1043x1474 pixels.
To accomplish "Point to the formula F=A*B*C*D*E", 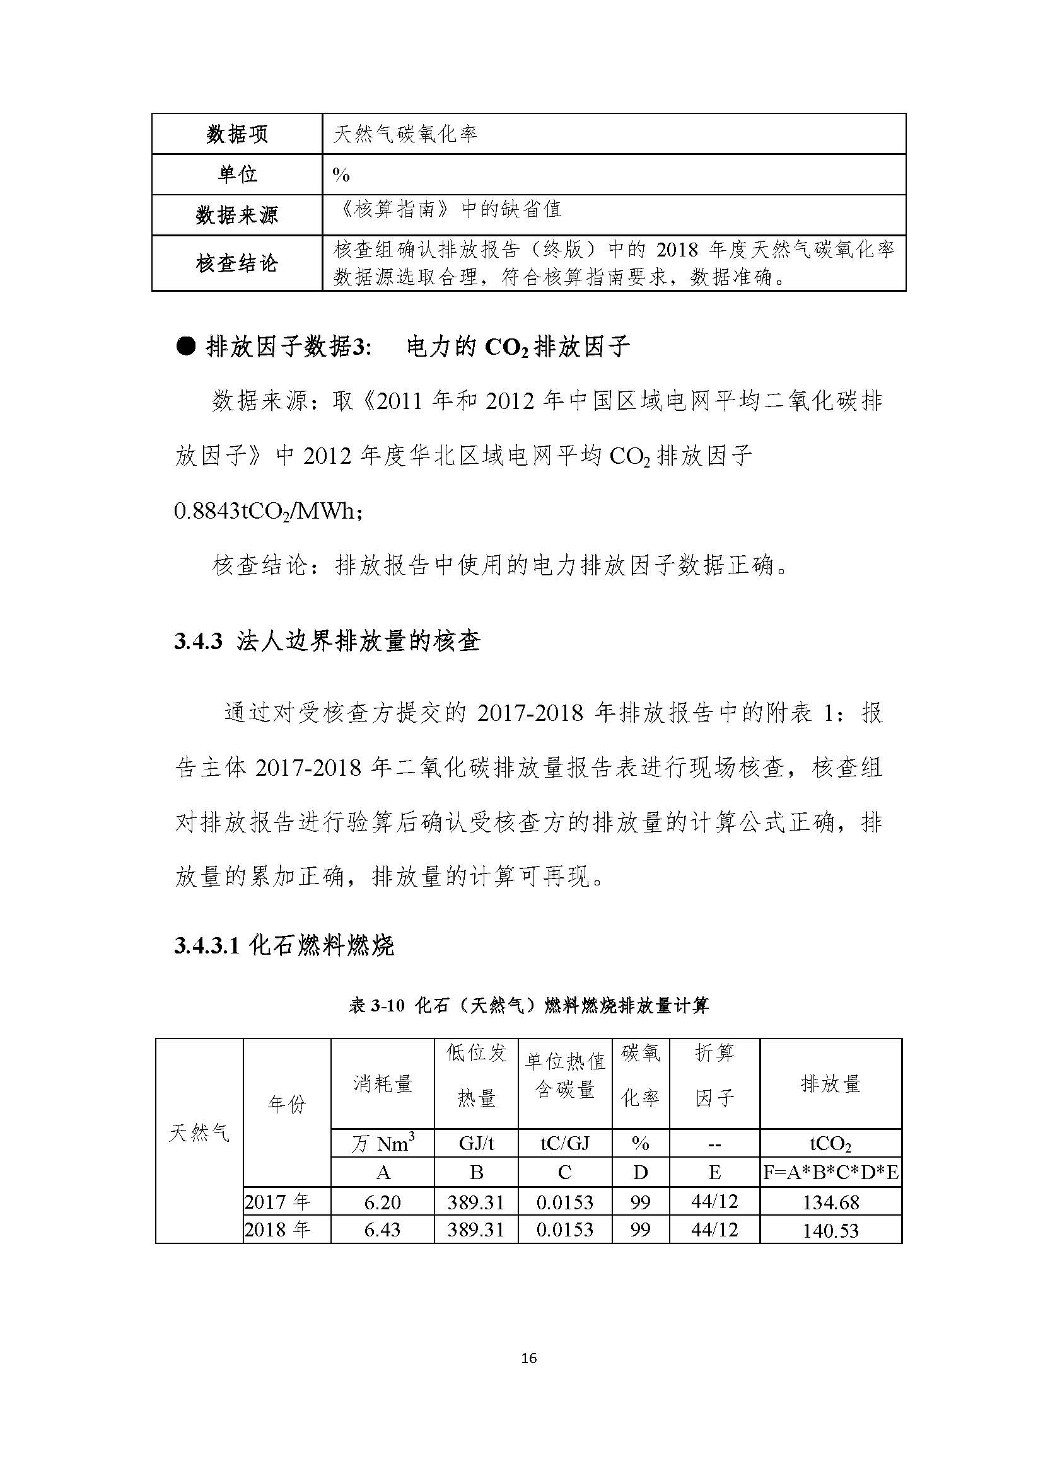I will [830, 1173].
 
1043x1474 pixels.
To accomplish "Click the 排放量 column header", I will [830, 1085].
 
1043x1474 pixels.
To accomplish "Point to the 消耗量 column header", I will [382, 1085].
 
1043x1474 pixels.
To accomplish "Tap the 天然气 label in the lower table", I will [199, 1133].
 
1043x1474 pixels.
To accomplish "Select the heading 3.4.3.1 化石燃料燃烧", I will [284, 946].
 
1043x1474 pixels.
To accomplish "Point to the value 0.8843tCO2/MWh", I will [268, 512].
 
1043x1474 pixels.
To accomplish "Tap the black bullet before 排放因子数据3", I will [185, 347].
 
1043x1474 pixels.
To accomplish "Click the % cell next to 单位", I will [341, 175].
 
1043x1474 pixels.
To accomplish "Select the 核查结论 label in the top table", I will [237, 263].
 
